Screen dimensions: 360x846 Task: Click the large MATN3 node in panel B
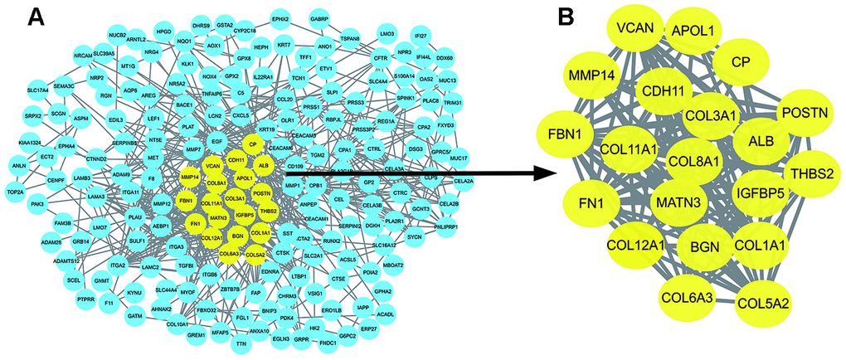(680, 202)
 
